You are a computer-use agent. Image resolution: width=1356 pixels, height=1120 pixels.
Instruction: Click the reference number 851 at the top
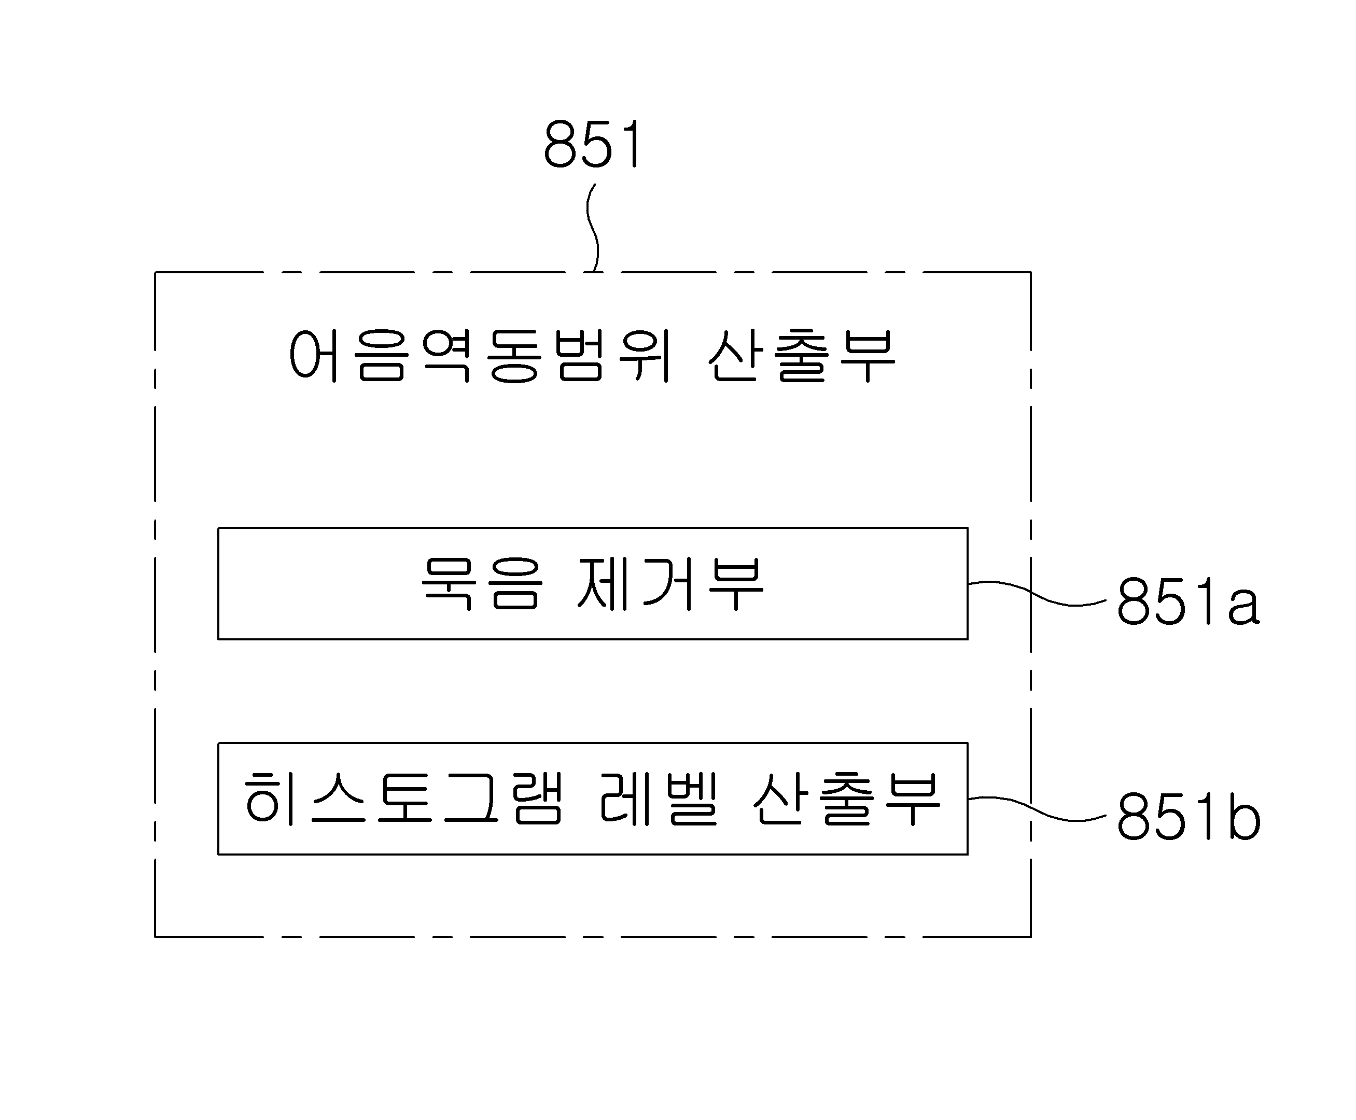pos(593,144)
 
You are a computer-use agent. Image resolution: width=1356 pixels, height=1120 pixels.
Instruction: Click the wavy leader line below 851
pos(592,228)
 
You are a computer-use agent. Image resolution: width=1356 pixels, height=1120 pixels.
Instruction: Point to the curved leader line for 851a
pos(1037,594)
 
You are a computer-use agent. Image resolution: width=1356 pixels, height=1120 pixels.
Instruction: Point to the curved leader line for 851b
pos(1037,809)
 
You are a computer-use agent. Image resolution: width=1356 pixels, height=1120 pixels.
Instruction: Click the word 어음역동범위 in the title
pos(481,356)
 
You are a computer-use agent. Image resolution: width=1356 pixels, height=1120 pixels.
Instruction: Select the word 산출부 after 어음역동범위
pos(801,356)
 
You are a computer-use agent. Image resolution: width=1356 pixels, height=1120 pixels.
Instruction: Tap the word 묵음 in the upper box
pos(481,584)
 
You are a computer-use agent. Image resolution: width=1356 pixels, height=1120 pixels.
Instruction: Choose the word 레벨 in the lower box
pos(659,799)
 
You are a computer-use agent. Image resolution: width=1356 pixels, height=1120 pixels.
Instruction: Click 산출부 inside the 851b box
pos(846,799)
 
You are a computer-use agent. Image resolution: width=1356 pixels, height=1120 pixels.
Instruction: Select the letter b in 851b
pos(1245,817)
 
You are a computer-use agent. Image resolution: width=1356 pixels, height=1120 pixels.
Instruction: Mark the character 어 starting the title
pos(314,356)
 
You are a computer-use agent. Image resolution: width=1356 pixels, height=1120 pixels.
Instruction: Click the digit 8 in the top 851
pos(560,144)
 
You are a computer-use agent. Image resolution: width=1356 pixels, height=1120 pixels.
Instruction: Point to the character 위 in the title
pos(645,356)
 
